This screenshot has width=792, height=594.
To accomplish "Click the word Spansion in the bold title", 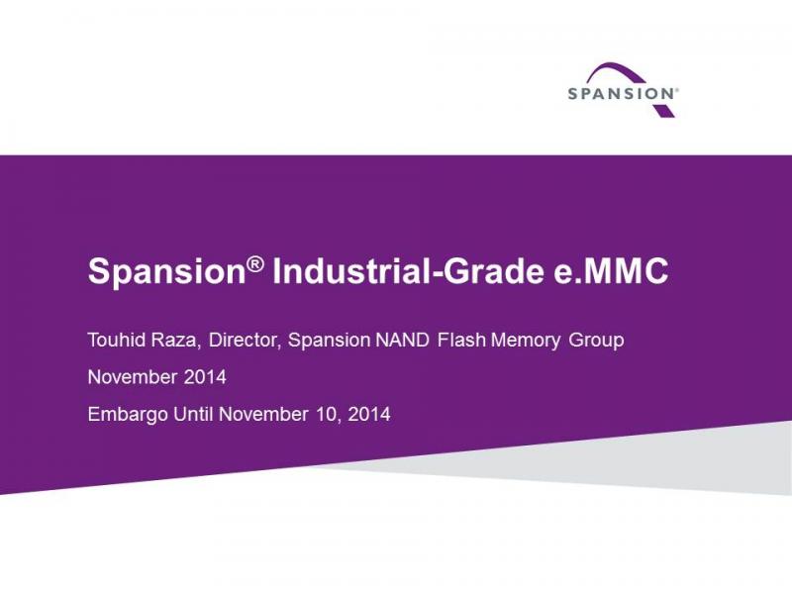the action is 167,271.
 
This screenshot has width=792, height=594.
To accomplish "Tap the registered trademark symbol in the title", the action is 255,264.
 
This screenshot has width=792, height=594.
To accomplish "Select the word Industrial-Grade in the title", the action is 407,271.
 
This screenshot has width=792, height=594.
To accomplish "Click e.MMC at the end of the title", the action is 608,271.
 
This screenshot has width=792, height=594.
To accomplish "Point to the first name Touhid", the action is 117,340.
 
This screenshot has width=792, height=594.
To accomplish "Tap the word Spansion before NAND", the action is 329,341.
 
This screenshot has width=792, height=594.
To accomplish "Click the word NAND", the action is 402,340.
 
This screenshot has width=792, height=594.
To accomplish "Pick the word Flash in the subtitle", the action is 461,340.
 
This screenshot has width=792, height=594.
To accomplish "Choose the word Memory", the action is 526,341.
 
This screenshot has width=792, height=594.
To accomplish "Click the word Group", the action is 596,341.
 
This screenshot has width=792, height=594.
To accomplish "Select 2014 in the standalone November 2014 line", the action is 205,377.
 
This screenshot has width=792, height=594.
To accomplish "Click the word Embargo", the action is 128,415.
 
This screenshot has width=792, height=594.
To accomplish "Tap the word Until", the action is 193,414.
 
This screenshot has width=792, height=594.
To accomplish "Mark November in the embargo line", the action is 263,414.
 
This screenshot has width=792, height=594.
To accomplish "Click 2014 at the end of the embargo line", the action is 369,414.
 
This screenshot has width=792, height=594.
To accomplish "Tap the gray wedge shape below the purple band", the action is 656,459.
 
